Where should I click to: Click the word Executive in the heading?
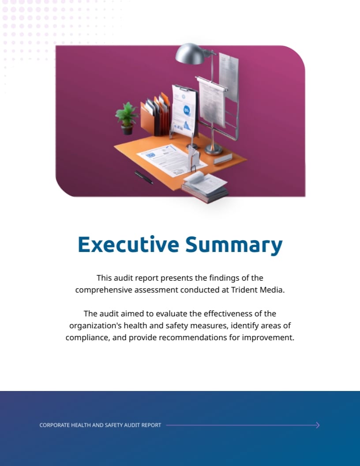[128, 244]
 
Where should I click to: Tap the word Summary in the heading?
[233, 245]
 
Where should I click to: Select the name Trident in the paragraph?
[245, 290]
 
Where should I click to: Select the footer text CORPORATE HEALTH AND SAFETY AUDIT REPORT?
[100, 425]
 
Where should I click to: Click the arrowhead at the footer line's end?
[317, 425]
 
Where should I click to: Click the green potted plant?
[127, 116]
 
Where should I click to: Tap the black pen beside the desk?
[144, 177]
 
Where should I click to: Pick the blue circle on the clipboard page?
[187, 110]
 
